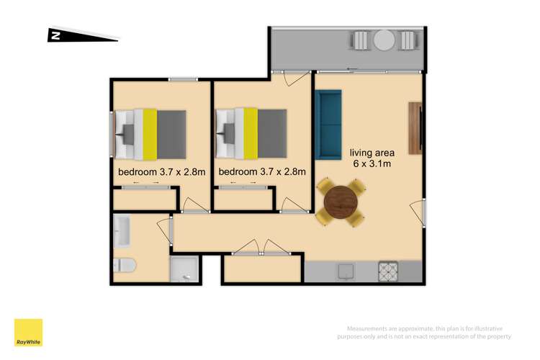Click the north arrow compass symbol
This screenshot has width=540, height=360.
pos(83,35)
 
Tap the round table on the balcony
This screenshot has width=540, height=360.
pos(384,40)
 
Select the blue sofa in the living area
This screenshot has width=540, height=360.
pos(328,125)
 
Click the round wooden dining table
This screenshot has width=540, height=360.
pos(341,202)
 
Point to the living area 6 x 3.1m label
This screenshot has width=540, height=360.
pos(372,158)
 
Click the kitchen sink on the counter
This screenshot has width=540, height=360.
pos(346,271)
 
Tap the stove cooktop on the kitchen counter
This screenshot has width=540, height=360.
pos(388,271)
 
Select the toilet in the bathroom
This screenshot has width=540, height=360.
pos(125,265)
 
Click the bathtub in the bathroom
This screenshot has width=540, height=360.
pos(122,231)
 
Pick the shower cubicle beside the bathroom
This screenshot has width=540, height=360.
pos(184,269)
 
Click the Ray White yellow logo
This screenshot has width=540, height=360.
pos(28,333)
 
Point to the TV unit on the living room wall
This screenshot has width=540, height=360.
pos(415,128)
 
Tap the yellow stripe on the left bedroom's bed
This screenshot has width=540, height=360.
pos(150,134)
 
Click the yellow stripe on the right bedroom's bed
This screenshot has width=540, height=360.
pos(251,134)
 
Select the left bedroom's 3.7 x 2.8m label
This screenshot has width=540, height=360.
pos(161,172)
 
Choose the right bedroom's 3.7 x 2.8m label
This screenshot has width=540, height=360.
pos(262,171)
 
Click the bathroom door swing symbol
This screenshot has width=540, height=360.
pos(165,230)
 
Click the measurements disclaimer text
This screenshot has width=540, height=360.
pos(424,333)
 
